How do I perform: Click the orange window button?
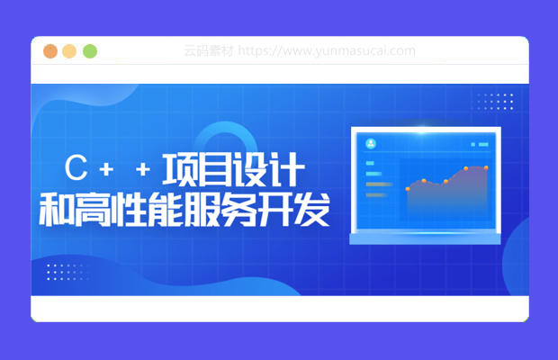coord(50,51)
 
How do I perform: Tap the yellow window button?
coord(69,51)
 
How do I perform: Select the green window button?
coord(90,51)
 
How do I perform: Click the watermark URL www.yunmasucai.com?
coord(327,51)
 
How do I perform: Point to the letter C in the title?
coord(76,167)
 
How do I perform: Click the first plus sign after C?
coord(106,169)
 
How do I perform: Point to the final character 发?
coord(311,209)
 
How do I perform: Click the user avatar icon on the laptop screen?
coord(371,143)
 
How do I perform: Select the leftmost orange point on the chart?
coord(408,189)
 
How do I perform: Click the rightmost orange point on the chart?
coord(486,167)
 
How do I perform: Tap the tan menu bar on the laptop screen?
coord(379,184)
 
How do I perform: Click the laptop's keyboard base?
coord(426,238)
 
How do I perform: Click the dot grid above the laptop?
coord(496,102)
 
